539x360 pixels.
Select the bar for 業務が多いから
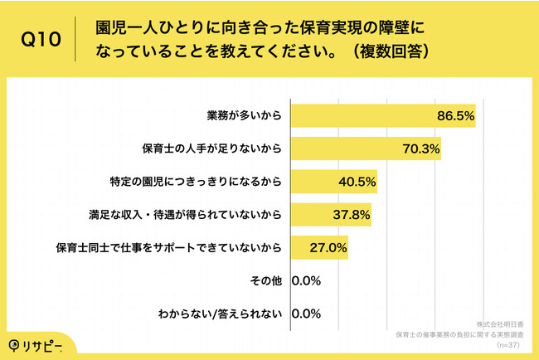coord(382,116)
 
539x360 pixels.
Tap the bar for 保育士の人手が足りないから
coord(365,149)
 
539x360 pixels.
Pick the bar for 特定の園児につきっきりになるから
coord(333,182)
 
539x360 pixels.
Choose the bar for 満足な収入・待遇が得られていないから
coord(330,215)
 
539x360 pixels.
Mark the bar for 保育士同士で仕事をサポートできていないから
coord(318,247)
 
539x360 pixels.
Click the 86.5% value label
coord(454,117)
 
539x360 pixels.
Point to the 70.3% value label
coord(421,149)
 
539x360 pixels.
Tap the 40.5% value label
coord(357,182)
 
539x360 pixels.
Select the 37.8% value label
coord(352,215)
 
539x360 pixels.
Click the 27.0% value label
coord(329,247)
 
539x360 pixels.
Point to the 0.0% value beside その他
coord(306,280)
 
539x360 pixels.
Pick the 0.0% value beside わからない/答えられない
coord(306,313)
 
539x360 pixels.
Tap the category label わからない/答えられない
coord(220,313)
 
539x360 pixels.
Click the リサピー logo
coord(39,344)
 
